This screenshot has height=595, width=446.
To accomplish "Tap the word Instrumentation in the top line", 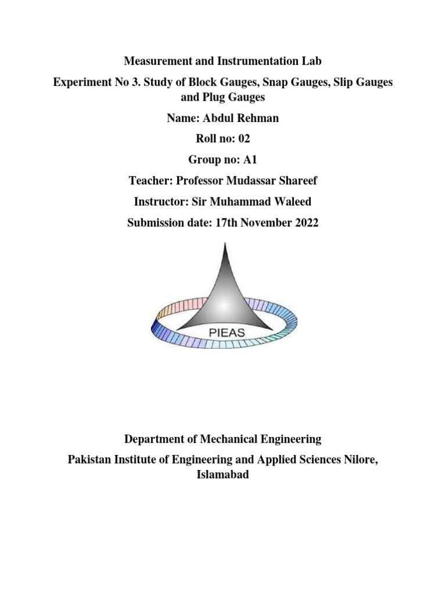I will pos(241,60).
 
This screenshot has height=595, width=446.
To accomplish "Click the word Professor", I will pos(198,181).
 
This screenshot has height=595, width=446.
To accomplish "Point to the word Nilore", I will pos(361,460).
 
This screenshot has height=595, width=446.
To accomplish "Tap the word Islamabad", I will pos(223,475).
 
